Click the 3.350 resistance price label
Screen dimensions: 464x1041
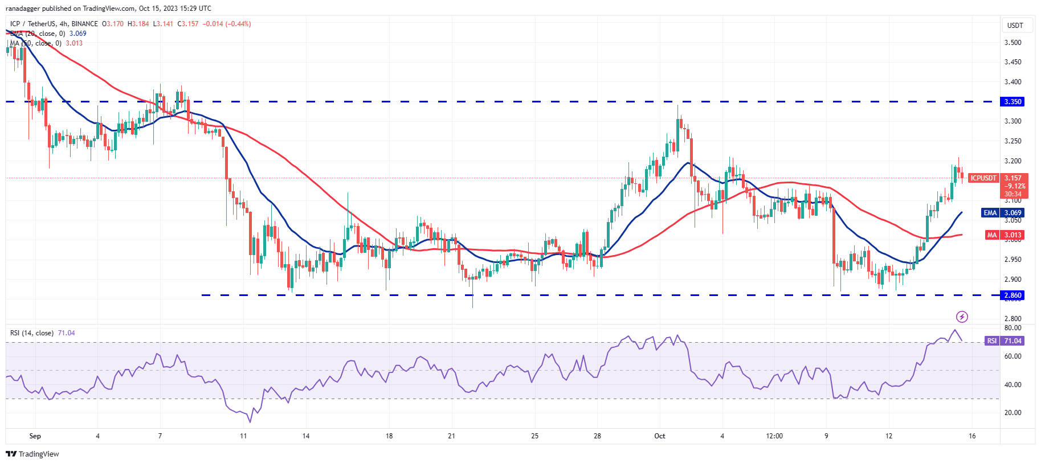coord(1013,102)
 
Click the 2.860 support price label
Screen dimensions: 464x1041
coord(1013,295)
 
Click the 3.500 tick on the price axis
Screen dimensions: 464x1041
coord(1013,43)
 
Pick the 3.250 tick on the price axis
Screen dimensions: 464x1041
coord(1013,141)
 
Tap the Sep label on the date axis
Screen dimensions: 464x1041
coord(35,436)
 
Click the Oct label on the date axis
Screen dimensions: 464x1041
coord(659,436)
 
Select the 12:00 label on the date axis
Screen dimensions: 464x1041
coord(774,436)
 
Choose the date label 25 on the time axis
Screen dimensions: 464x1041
coord(534,436)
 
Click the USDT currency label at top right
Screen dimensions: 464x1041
coord(1015,26)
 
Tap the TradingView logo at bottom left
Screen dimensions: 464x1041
coord(32,454)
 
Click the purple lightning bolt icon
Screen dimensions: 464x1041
coord(962,317)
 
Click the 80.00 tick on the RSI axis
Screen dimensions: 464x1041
coord(1013,328)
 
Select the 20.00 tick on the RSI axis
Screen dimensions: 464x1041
coord(1013,413)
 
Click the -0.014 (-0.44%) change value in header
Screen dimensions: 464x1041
coord(227,24)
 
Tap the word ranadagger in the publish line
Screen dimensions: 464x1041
coord(23,9)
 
